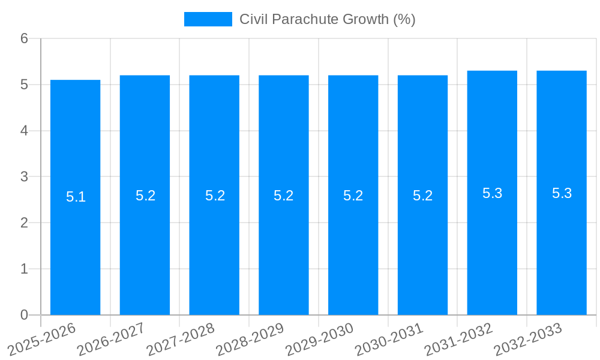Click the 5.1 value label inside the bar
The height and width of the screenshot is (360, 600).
coord(76,197)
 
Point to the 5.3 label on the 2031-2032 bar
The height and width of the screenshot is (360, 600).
coord(492,193)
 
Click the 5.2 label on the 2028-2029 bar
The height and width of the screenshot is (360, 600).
coord(283,196)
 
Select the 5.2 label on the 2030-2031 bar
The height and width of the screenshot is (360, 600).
coord(422,196)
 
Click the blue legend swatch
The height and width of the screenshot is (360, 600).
coord(208,19)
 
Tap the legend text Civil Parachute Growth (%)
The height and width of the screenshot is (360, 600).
coord(327,19)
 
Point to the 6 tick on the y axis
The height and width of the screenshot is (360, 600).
coord(25,38)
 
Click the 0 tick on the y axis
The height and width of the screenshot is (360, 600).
coord(25,315)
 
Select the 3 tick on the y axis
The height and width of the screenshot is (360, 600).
coord(25,177)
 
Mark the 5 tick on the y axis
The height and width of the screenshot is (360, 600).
coord(25,85)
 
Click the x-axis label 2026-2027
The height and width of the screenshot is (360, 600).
coord(112,339)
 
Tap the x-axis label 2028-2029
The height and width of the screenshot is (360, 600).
coord(250,339)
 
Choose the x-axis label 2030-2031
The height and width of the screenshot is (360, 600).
coord(389,339)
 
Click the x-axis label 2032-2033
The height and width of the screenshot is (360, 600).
coord(528,339)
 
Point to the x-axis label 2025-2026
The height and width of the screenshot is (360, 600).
coord(42,339)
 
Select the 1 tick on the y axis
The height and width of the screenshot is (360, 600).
coord(25,269)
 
